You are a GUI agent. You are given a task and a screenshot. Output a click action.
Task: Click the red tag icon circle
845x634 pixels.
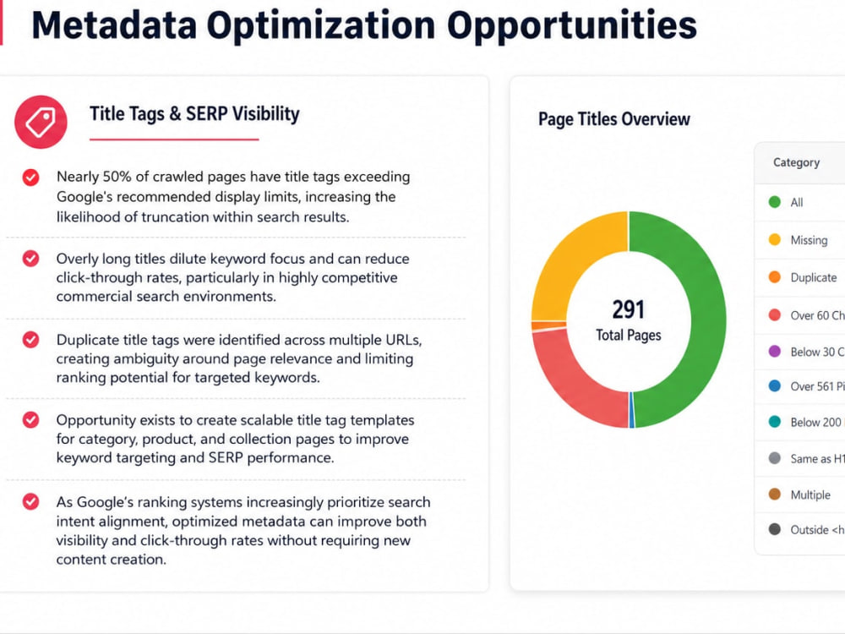pyautogui.click(x=41, y=122)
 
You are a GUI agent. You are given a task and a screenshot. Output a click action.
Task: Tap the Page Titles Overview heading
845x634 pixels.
pyautogui.click(x=613, y=119)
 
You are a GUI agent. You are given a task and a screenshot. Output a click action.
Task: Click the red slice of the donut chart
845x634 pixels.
pyautogui.click(x=571, y=377)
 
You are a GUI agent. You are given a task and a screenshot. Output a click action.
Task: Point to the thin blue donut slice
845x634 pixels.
pyautogui.click(x=631, y=410)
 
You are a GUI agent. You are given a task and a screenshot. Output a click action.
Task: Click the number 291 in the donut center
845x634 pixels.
pyautogui.click(x=629, y=309)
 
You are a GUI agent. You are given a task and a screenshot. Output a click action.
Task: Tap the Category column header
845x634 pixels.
pyautogui.click(x=796, y=162)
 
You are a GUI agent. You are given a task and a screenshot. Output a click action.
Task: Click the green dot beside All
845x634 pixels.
pyautogui.click(x=774, y=202)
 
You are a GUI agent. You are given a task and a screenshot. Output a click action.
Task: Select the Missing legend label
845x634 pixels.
pyautogui.click(x=809, y=240)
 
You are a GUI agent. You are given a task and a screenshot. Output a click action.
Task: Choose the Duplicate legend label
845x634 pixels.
pyautogui.click(x=813, y=277)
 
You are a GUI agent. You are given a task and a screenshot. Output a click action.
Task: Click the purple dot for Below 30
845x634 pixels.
pyautogui.click(x=774, y=352)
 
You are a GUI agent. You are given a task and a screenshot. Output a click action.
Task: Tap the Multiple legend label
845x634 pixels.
pyautogui.click(x=810, y=495)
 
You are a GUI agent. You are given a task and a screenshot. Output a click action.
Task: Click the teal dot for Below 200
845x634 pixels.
pyautogui.click(x=774, y=422)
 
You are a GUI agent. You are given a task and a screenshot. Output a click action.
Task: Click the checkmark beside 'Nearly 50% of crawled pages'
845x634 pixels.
pyautogui.click(x=30, y=178)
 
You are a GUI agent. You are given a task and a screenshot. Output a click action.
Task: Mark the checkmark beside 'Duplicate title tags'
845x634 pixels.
pyautogui.click(x=30, y=340)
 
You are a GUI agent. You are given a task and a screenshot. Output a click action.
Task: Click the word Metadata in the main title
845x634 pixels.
pyautogui.click(x=114, y=25)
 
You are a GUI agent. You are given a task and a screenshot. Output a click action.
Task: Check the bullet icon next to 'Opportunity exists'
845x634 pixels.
pyautogui.click(x=30, y=420)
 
